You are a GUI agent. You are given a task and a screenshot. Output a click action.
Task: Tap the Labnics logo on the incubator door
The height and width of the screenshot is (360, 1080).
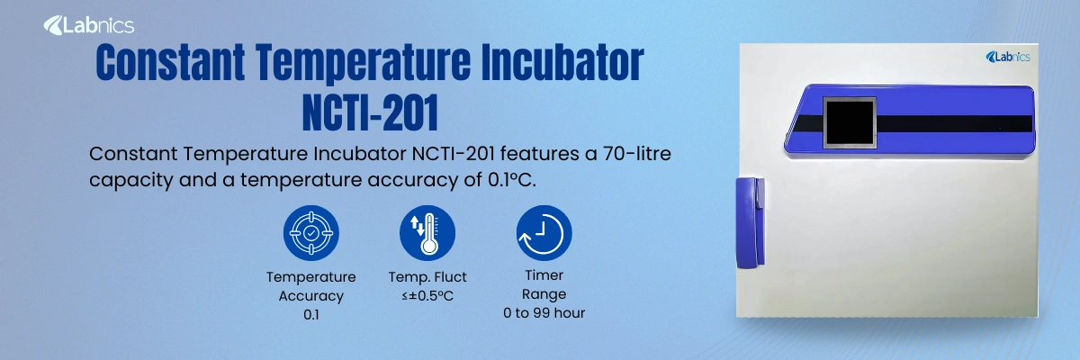(x=1007, y=58)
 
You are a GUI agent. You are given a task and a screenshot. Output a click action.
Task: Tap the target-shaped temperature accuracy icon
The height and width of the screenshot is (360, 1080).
(x=310, y=233)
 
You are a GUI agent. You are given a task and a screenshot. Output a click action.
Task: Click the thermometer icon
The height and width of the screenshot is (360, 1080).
(x=427, y=233)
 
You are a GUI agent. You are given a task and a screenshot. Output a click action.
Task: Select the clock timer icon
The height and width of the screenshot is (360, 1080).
(x=544, y=233)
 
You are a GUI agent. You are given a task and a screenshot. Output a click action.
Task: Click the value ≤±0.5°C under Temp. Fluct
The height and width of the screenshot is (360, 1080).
(x=427, y=295)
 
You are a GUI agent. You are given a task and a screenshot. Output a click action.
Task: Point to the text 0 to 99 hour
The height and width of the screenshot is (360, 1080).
(x=544, y=313)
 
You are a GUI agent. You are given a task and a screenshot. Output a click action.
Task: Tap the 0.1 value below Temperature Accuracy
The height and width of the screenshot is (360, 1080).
(x=310, y=314)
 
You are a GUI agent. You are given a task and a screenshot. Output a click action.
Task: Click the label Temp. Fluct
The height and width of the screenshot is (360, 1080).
(x=427, y=277)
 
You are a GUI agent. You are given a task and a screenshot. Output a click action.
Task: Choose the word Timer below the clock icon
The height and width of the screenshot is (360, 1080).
(x=544, y=275)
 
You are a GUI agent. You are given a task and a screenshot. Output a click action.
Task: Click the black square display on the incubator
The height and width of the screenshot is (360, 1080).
(x=850, y=125)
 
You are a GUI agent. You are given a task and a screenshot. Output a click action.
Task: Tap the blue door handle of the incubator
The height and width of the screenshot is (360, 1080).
(x=748, y=221)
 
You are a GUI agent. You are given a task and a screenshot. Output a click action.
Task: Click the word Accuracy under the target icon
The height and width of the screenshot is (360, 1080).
(x=310, y=295)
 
